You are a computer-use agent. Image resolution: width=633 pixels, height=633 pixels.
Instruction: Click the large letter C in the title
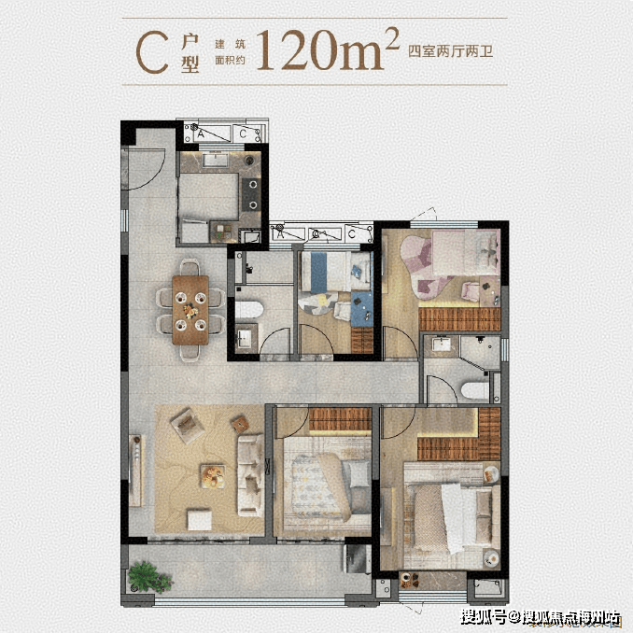click(152, 53)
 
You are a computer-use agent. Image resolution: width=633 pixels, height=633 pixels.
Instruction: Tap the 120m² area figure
click(328, 49)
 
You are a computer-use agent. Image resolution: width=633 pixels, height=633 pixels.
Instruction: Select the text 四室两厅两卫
click(451, 51)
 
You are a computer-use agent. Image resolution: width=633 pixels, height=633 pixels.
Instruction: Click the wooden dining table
click(190, 310)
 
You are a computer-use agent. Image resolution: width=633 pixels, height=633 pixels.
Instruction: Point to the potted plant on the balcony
click(148, 577)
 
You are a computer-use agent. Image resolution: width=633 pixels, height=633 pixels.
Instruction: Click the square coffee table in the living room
click(212, 476)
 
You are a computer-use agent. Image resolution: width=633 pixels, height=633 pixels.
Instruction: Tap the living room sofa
click(250, 475)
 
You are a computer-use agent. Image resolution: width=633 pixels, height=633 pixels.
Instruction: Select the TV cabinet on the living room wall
click(135, 471)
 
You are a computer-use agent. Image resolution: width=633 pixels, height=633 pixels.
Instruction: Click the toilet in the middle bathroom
click(248, 310)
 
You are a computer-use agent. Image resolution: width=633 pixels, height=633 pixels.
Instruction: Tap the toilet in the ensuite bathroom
click(474, 391)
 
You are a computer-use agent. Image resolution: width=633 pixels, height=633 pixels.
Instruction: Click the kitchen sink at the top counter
click(215, 160)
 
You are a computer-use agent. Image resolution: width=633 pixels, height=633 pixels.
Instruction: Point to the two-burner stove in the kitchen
click(253, 194)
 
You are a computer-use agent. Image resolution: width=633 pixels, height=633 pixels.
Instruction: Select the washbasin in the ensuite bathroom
click(442, 345)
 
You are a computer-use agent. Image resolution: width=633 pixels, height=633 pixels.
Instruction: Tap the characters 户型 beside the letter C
click(190, 53)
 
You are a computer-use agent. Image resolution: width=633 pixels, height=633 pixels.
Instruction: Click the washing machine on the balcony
click(358, 558)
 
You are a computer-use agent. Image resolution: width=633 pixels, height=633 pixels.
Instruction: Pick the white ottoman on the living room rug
click(200, 519)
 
